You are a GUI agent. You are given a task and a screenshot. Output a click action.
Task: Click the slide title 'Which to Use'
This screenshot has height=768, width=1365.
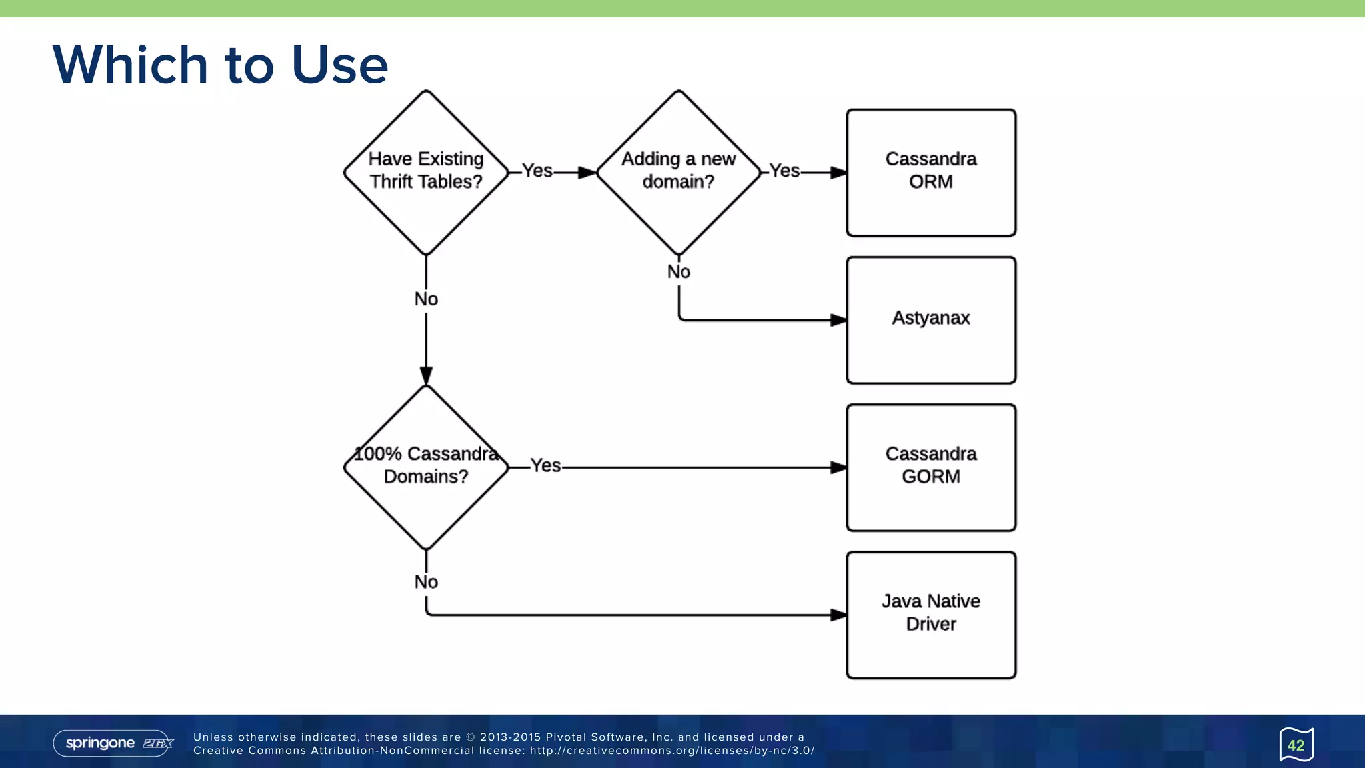(220, 65)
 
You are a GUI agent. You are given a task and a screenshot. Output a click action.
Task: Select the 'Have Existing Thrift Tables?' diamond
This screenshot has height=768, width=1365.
(426, 172)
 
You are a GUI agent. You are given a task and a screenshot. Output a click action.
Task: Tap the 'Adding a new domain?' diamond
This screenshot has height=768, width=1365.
(679, 172)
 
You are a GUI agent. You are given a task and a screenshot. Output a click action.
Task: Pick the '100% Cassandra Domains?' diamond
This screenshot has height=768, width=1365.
(426, 467)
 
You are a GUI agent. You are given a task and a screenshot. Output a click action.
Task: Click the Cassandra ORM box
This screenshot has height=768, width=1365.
(931, 172)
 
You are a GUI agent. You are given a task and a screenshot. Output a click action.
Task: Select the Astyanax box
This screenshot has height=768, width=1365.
(931, 319)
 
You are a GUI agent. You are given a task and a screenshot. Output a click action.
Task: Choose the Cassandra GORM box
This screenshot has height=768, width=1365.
(931, 467)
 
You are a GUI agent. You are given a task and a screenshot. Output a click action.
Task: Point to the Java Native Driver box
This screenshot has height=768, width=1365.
(931, 614)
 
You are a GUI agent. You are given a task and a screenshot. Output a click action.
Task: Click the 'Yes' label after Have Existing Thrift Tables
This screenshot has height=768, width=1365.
(537, 171)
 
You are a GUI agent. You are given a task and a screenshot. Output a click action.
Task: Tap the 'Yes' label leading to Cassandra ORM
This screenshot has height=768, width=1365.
(784, 171)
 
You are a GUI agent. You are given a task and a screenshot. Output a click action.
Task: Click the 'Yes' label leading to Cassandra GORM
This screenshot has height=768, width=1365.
(546, 466)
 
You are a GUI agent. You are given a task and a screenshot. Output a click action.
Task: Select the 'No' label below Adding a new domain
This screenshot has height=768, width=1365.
(679, 272)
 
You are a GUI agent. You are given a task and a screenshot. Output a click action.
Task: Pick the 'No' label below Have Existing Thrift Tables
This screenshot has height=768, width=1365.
(426, 299)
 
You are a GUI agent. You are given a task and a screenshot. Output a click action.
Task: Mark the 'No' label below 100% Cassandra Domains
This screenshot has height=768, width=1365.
(426, 582)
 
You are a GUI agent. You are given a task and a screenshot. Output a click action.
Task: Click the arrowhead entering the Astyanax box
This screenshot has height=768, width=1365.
(839, 320)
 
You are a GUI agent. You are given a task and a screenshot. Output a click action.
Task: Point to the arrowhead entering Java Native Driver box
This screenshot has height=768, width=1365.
(839, 615)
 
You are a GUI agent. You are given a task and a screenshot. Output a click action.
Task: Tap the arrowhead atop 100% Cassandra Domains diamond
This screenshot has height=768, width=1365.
(426, 376)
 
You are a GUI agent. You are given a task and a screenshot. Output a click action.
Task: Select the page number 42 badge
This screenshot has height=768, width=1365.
(1296, 745)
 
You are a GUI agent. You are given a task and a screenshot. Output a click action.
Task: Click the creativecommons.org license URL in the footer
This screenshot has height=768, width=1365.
(672, 751)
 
